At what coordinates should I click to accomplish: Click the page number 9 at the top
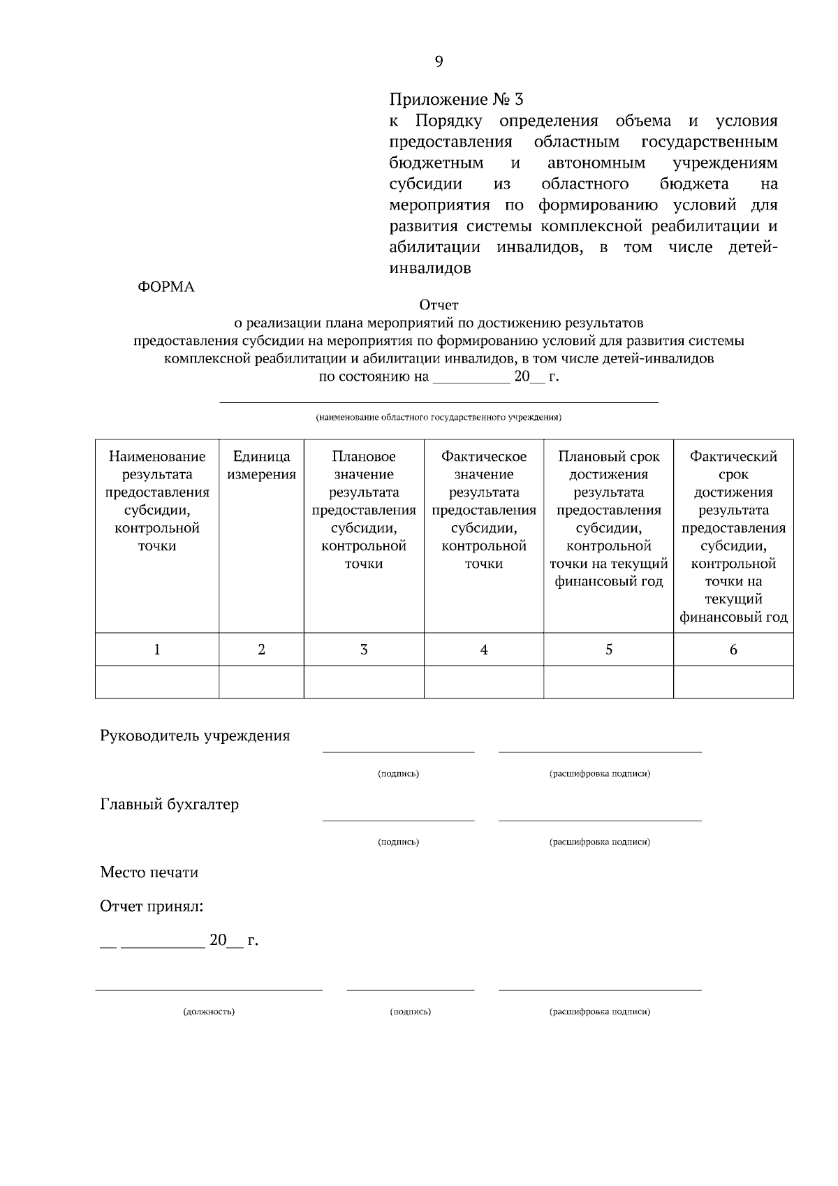point(439,62)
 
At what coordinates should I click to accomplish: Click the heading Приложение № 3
point(455,99)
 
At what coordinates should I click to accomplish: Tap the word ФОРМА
point(166,287)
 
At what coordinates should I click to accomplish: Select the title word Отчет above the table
point(439,305)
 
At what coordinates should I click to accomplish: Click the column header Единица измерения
point(261,466)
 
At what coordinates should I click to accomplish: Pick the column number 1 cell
point(157,650)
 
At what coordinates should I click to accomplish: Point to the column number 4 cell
point(484,650)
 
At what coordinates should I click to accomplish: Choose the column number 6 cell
point(733,650)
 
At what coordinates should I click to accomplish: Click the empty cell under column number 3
point(364,682)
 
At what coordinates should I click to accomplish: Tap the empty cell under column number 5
point(608,682)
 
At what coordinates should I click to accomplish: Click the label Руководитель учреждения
point(195,736)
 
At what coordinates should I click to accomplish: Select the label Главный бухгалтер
point(170,805)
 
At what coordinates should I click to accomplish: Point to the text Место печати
point(149,872)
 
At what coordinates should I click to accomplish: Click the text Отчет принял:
point(152,907)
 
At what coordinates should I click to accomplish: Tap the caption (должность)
point(209,1011)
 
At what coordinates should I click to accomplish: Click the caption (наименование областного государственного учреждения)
point(439,418)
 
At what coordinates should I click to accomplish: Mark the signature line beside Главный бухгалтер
point(398,819)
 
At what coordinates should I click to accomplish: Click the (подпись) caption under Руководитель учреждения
point(398,774)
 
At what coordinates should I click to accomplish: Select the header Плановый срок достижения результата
point(608,518)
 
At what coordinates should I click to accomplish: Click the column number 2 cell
point(261,650)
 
